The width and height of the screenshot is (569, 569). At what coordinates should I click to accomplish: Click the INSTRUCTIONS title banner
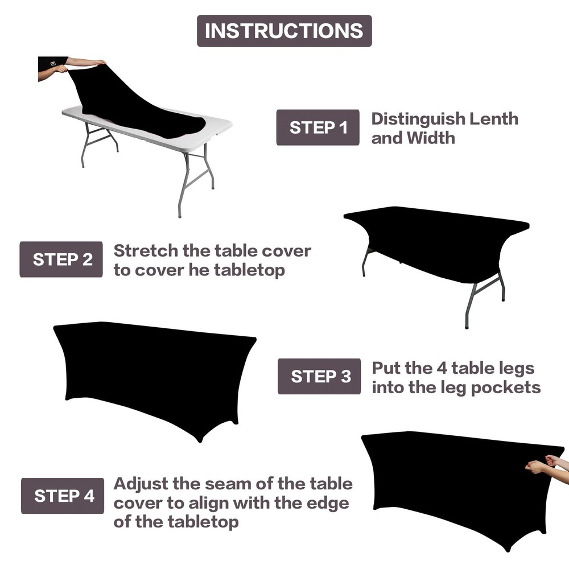click(x=284, y=31)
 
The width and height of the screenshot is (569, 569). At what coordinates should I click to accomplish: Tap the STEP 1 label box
click(x=318, y=127)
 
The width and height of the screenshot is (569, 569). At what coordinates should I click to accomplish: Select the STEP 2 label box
click(x=61, y=259)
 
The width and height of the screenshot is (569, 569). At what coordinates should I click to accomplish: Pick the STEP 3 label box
click(x=319, y=377)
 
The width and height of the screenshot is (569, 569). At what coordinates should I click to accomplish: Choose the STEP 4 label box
click(x=63, y=496)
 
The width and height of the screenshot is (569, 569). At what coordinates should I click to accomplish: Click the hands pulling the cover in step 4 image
click(x=543, y=463)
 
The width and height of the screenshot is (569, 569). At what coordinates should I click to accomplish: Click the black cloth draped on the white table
click(x=131, y=105)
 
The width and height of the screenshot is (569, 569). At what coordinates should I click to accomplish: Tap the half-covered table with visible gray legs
click(x=435, y=250)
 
